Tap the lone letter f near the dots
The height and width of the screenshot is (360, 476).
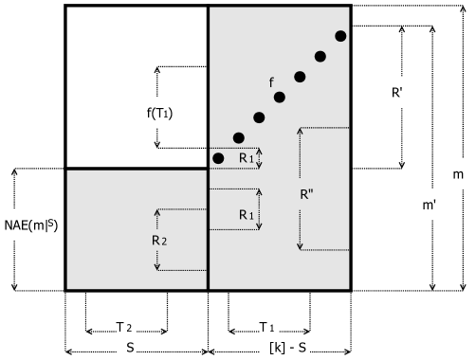(x=272, y=81)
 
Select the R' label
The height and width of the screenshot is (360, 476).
(x=399, y=94)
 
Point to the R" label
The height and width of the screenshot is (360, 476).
(x=308, y=195)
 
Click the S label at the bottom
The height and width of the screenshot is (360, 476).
(x=136, y=348)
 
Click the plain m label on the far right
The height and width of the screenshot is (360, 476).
(x=458, y=174)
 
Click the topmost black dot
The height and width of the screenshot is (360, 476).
(x=340, y=36)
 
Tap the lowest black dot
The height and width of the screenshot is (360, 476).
(x=218, y=157)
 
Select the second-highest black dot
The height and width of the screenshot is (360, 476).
(x=320, y=57)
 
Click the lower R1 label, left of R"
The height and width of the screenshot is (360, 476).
(x=246, y=216)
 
